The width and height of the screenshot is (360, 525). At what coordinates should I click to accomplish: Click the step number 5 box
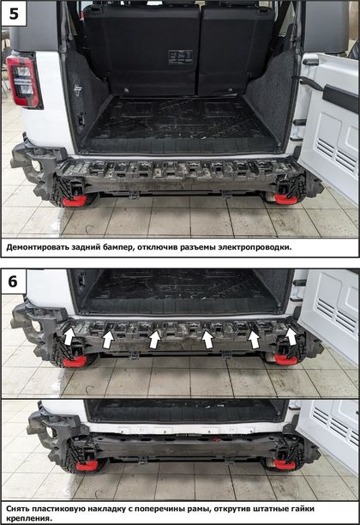tap(14, 14)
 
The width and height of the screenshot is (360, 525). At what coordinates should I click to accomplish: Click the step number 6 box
tap(14, 281)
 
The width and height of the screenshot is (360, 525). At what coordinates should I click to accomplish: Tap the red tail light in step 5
tap(24, 81)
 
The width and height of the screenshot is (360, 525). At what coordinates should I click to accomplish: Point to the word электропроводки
tap(255, 247)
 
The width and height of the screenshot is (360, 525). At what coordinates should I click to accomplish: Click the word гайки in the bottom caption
tap(303, 509)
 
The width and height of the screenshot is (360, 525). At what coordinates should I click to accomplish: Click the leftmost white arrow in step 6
tap(69, 336)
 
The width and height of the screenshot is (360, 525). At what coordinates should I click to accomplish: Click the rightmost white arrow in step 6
tap(291, 335)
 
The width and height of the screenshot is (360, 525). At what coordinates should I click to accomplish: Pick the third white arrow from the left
tap(154, 339)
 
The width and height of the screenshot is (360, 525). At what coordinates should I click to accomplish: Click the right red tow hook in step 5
tap(285, 199)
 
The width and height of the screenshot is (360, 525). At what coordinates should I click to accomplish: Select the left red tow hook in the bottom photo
tap(87, 466)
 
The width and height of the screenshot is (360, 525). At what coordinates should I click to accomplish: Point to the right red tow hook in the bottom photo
tap(285, 464)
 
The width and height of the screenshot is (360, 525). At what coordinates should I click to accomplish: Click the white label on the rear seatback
tap(180, 57)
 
